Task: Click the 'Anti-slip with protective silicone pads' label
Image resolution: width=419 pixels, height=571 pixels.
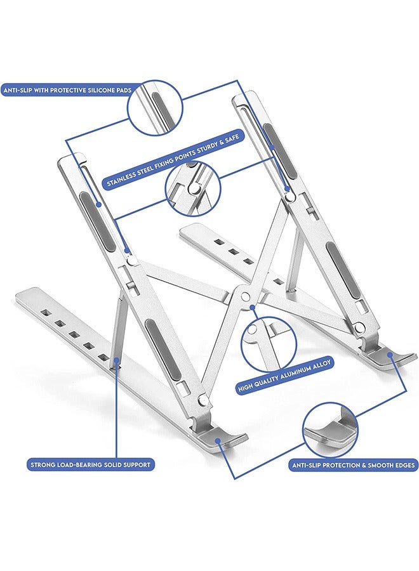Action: [x=66, y=90]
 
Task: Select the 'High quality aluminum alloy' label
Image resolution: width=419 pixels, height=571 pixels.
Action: [x=285, y=375]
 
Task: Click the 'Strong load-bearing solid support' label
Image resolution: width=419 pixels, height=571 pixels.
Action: [x=90, y=464]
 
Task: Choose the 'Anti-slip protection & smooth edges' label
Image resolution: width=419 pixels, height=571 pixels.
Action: [x=353, y=465]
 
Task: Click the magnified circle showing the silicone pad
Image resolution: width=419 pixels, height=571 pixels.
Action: [x=155, y=108]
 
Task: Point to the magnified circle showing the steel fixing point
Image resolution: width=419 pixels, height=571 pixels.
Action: [x=194, y=188]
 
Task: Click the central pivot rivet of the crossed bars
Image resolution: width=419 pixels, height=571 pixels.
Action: [x=245, y=296]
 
